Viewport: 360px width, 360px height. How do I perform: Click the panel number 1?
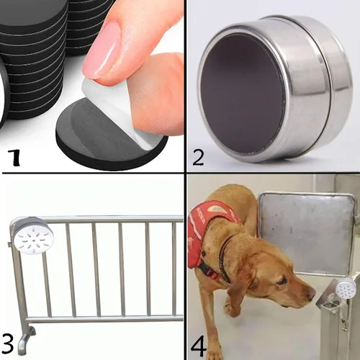coord(14,157)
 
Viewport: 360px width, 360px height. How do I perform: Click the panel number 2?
coord(198,158)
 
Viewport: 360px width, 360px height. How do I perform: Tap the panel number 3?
coord(7,344)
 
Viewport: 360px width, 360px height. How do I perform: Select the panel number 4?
coord(199,346)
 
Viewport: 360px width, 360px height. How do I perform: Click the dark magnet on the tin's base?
coord(241,94)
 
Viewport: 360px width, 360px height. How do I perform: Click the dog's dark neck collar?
coord(225,258)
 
